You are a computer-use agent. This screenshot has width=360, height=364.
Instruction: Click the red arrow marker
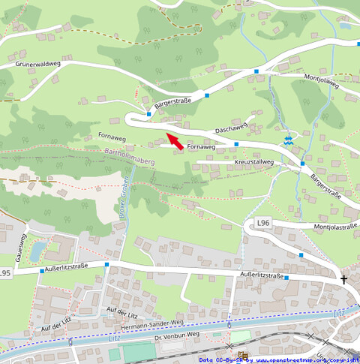(x=175, y=140)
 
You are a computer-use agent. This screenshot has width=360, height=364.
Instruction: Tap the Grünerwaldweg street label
(x=36, y=65)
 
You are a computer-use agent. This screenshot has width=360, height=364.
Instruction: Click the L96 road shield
(x=262, y=223)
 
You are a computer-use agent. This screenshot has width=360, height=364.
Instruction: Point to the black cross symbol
(x=344, y=280)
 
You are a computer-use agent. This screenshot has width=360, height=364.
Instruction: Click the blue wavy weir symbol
(x=287, y=140)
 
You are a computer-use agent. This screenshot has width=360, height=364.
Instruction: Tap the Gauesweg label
(x=13, y=246)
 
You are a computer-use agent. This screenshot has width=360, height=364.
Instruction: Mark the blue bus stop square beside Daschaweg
(x=236, y=143)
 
